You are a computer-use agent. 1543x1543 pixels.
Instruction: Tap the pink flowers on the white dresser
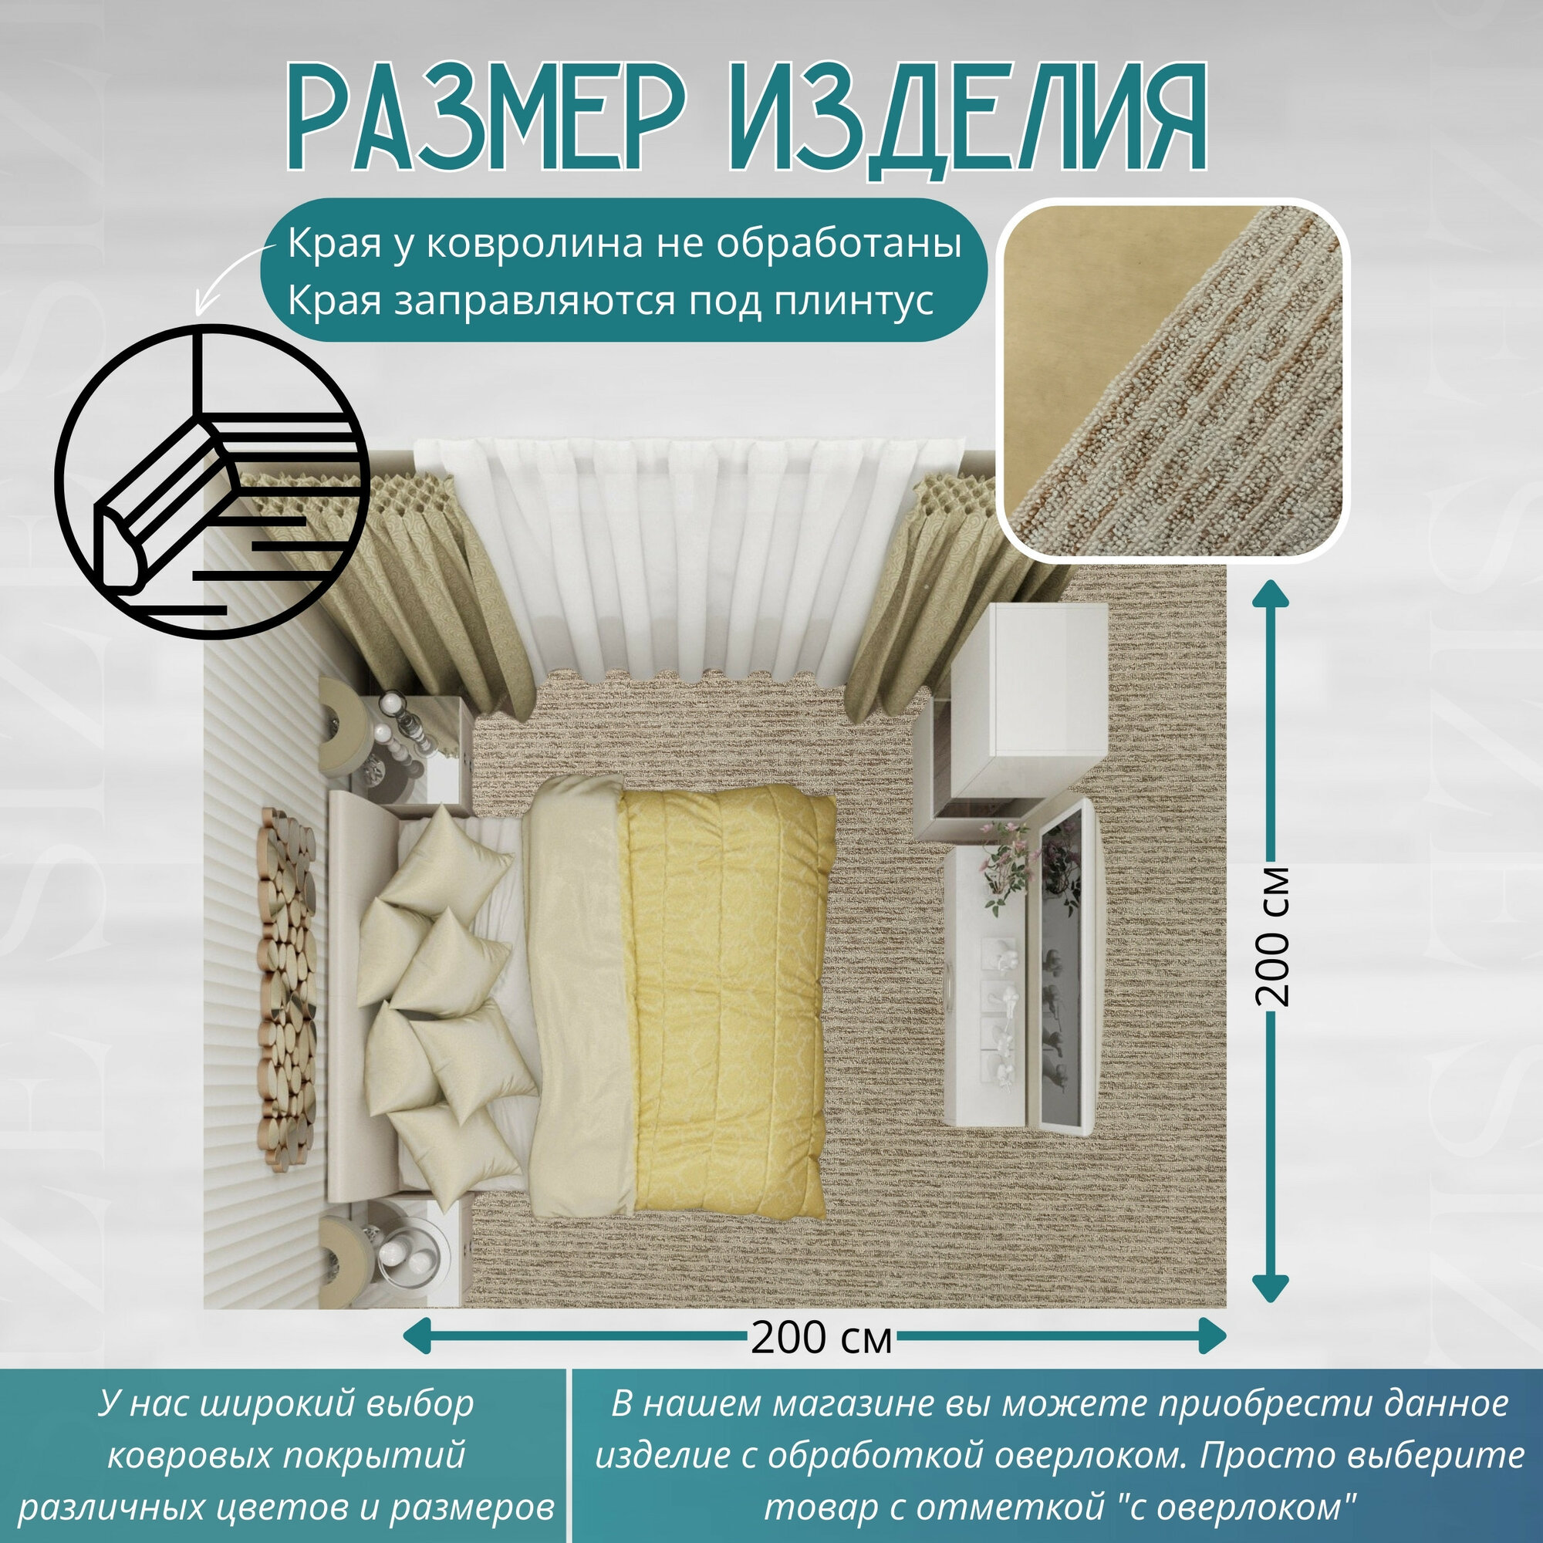(1008, 866)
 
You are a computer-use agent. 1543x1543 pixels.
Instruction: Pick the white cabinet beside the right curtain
(1030, 695)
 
